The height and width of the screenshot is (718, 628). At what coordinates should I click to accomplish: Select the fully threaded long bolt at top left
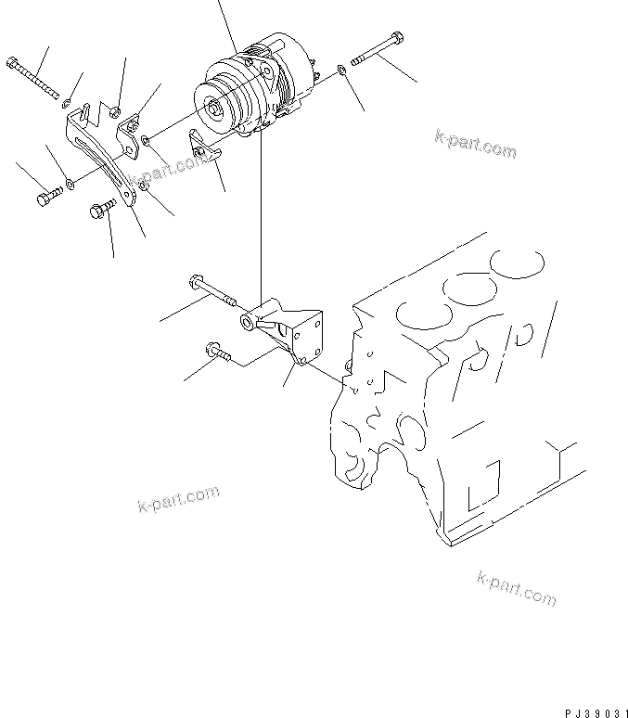click(33, 78)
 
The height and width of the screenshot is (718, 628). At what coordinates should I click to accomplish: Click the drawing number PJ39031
click(591, 710)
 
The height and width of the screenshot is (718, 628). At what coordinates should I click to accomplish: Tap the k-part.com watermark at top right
click(474, 143)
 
